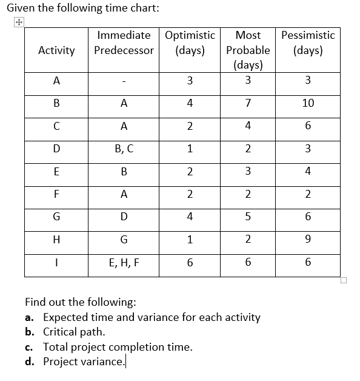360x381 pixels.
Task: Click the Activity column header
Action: (x=56, y=50)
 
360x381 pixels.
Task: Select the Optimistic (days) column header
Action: (x=190, y=42)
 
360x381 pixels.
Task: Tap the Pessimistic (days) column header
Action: (x=307, y=42)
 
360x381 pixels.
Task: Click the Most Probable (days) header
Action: (x=248, y=50)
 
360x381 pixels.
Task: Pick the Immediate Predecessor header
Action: (x=124, y=42)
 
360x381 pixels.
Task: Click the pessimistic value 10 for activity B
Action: (x=307, y=103)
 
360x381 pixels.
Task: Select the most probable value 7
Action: (x=248, y=103)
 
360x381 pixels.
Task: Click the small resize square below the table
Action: (x=344, y=280)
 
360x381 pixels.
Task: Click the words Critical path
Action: (x=74, y=332)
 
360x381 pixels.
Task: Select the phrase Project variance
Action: (x=83, y=362)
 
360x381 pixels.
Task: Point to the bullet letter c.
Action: (x=29, y=347)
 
